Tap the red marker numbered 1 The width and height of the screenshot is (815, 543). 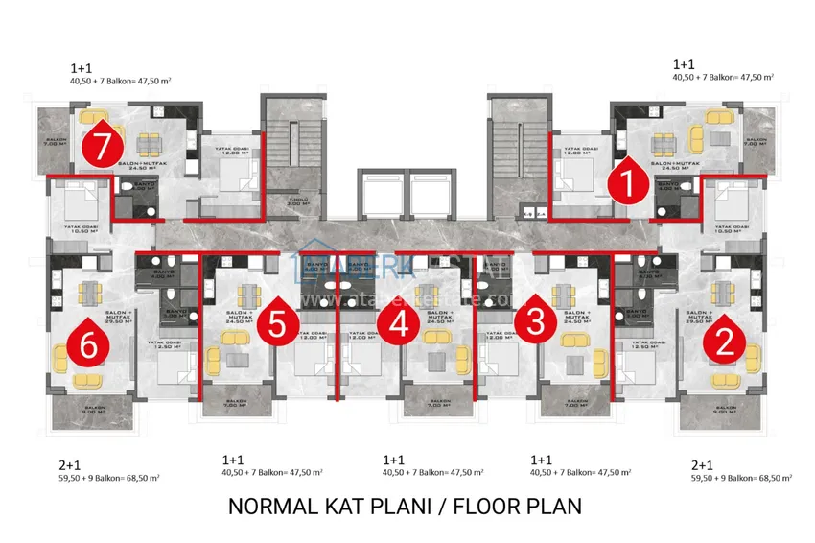tap(627, 182)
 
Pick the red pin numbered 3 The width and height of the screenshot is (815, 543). tap(535, 322)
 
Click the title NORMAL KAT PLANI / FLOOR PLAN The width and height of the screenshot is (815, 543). tap(405, 506)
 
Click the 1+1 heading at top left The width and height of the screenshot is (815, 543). tap(81, 68)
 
